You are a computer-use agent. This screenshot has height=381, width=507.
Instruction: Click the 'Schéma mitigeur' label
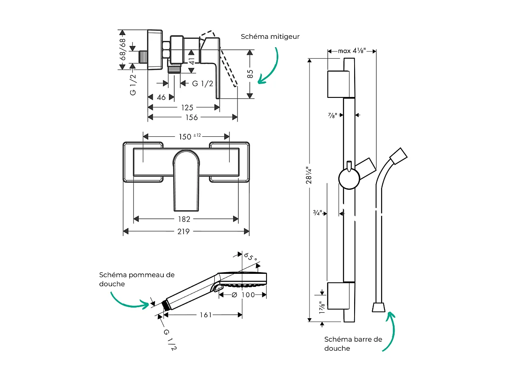coord(270,37)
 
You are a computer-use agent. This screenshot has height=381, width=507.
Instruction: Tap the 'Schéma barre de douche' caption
coord(353,343)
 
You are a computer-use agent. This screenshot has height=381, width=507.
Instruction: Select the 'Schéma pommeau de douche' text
coord(137,279)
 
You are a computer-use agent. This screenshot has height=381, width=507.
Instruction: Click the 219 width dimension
coord(184,231)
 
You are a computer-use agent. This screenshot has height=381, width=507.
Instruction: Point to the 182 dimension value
coord(184,219)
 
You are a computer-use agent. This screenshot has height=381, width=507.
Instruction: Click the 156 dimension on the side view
coord(192,117)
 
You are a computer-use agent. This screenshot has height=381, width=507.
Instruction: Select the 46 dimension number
coord(161,97)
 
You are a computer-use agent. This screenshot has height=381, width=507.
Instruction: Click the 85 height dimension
coord(250,74)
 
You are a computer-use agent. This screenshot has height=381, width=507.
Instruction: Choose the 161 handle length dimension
coord(205,315)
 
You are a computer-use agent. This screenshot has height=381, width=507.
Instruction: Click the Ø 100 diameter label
coord(244,295)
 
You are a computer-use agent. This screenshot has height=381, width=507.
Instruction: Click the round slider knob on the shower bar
coord(349,179)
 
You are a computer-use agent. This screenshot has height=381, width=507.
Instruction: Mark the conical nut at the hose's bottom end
coord(379,307)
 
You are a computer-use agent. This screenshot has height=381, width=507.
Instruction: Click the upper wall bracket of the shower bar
coord(338,84)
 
